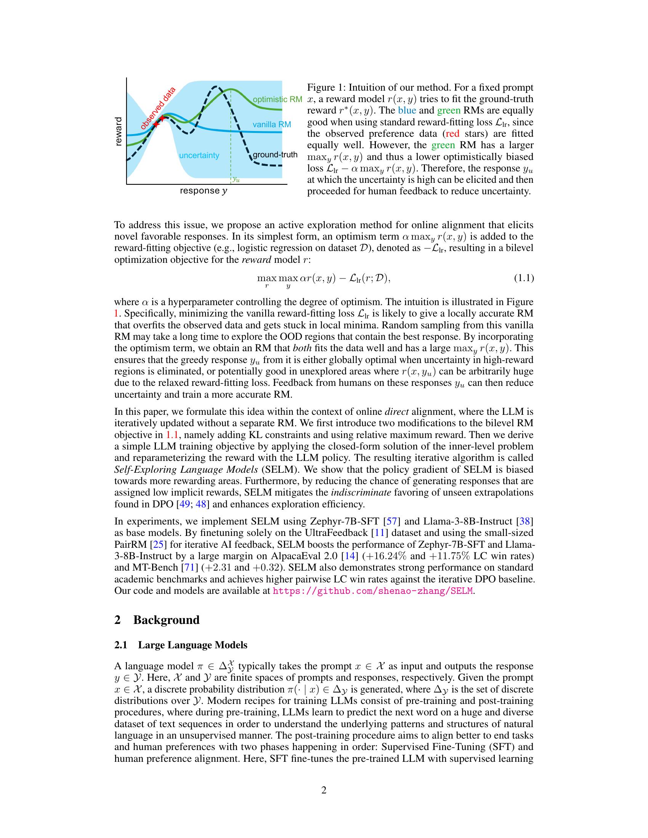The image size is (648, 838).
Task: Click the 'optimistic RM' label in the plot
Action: coord(277,99)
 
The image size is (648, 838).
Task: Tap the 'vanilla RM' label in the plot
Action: coord(271,124)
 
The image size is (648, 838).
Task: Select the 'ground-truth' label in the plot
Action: coord(275,155)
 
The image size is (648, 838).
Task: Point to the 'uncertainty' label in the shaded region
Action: coord(199,155)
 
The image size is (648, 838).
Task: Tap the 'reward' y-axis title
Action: coord(119,132)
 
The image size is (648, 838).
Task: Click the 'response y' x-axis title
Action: coord(204,191)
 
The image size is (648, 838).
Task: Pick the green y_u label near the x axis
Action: coord(236,179)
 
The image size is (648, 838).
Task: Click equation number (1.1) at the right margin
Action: coord(524,278)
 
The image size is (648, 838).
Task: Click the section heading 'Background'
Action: coord(166,620)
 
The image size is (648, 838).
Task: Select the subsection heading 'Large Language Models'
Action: coord(192,645)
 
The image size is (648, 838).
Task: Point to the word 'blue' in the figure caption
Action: coord(407,110)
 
